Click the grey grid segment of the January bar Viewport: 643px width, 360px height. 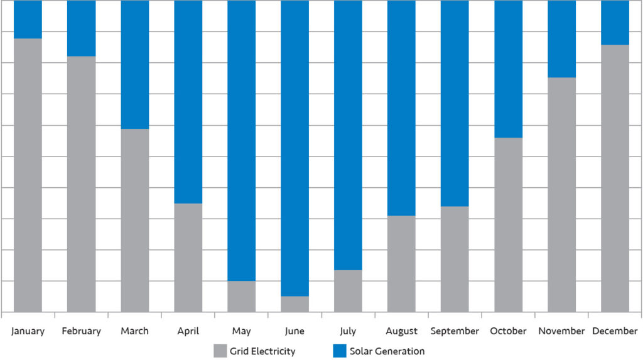point(28,175)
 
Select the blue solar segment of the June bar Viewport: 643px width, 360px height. point(294,148)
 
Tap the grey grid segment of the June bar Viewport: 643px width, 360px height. point(294,304)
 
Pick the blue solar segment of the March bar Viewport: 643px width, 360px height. point(135,65)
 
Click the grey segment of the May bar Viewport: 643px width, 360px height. point(241,297)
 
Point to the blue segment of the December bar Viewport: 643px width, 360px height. point(615,23)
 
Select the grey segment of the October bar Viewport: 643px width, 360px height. point(508,225)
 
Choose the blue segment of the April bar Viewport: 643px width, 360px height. point(188,102)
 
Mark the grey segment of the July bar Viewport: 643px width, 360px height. point(348,291)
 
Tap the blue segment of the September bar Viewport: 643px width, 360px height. point(455,103)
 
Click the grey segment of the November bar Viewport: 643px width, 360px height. point(561,195)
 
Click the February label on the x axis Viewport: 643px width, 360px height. point(81,331)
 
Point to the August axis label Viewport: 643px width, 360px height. point(401,332)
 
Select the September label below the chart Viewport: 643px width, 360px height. point(455,332)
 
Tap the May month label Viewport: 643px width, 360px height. point(241,332)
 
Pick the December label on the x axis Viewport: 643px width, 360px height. point(615,331)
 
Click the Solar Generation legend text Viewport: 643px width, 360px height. point(387,351)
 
